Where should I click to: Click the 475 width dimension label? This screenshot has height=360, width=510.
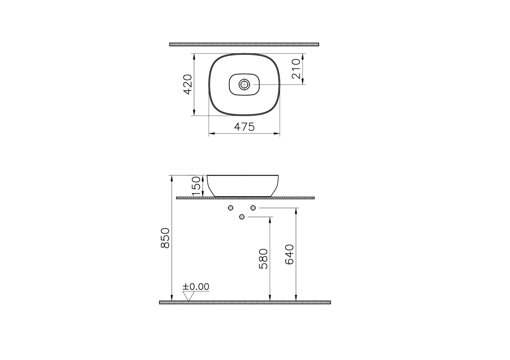coord(244,127)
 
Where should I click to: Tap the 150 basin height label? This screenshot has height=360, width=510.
coord(196,186)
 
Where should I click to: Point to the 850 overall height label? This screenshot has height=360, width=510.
coord(165,238)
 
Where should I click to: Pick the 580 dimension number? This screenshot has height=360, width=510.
coord(263,259)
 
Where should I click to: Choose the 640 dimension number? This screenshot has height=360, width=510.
coord(289,255)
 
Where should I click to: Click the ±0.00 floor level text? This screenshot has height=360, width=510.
coord(196,287)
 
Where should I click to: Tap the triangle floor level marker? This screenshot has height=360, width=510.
coord(188,296)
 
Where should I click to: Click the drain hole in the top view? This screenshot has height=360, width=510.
coord(244,85)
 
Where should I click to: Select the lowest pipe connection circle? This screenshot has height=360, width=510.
coord(242,217)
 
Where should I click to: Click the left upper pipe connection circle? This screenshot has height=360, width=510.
coord(230,208)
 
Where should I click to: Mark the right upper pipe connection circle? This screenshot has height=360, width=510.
coord(253,208)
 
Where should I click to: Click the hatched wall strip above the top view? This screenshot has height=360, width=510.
coord(244,44)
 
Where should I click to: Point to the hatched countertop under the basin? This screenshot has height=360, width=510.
coord(245,198)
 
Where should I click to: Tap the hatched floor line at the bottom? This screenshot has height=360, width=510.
coord(245,302)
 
